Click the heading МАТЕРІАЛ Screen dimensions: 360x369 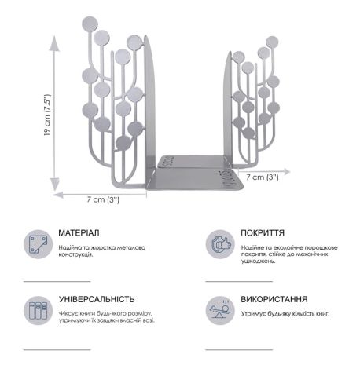tap(79, 232)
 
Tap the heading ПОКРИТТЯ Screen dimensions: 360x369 tap(263, 232)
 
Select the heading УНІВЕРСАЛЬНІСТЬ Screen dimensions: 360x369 tap(97, 299)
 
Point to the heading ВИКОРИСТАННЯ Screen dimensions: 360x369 tap(274, 299)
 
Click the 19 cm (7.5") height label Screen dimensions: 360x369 tap(47, 115)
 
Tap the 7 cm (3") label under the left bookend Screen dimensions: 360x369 tap(103, 199)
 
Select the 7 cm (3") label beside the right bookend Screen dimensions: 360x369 tap(263, 177)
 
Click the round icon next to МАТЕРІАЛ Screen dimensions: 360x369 tap(39, 244)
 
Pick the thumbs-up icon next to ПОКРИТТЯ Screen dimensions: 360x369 tap(220, 244)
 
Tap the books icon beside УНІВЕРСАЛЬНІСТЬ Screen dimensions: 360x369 tap(39, 311)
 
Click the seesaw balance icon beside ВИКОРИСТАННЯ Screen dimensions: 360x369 tap(220, 311)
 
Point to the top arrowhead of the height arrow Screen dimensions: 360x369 tap(54, 42)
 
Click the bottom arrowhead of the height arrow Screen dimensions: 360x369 tap(55, 184)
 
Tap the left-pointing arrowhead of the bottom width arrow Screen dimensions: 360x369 tap(58, 195)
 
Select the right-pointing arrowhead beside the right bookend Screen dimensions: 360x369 tap(286, 172)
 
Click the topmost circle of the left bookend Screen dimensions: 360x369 tap(90, 24)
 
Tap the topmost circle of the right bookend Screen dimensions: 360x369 tap(272, 42)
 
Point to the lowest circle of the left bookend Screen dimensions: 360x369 tap(123, 143)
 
